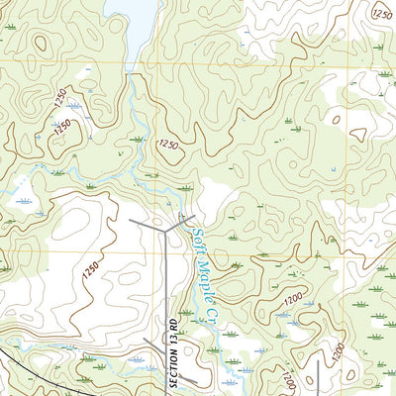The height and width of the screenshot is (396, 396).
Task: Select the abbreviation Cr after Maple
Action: pos(211,315)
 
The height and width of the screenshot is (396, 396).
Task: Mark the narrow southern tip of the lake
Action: pos(130,67)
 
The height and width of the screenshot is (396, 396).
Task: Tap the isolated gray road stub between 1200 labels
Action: pos(317,376)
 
